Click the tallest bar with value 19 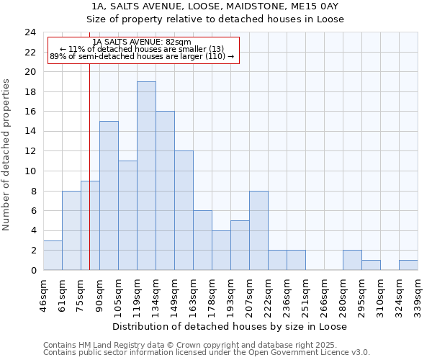click(146, 176)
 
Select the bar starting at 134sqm click(165, 191)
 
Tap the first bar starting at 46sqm click(53, 255)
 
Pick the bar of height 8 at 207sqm click(258, 230)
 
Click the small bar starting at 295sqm click(371, 265)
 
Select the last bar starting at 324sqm click(408, 265)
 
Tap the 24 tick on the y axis click(30, 32)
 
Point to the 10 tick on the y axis click(30, 171)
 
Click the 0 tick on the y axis click(33, 270)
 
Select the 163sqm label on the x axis click(193, 294)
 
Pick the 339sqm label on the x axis click(418, 294)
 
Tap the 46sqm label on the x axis click(43, 294)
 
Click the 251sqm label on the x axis click(305, 294)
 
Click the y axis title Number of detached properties click(7, 156)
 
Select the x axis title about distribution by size click(230, 326)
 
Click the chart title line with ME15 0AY click(215, 6)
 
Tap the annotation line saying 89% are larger click(142, 56)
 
